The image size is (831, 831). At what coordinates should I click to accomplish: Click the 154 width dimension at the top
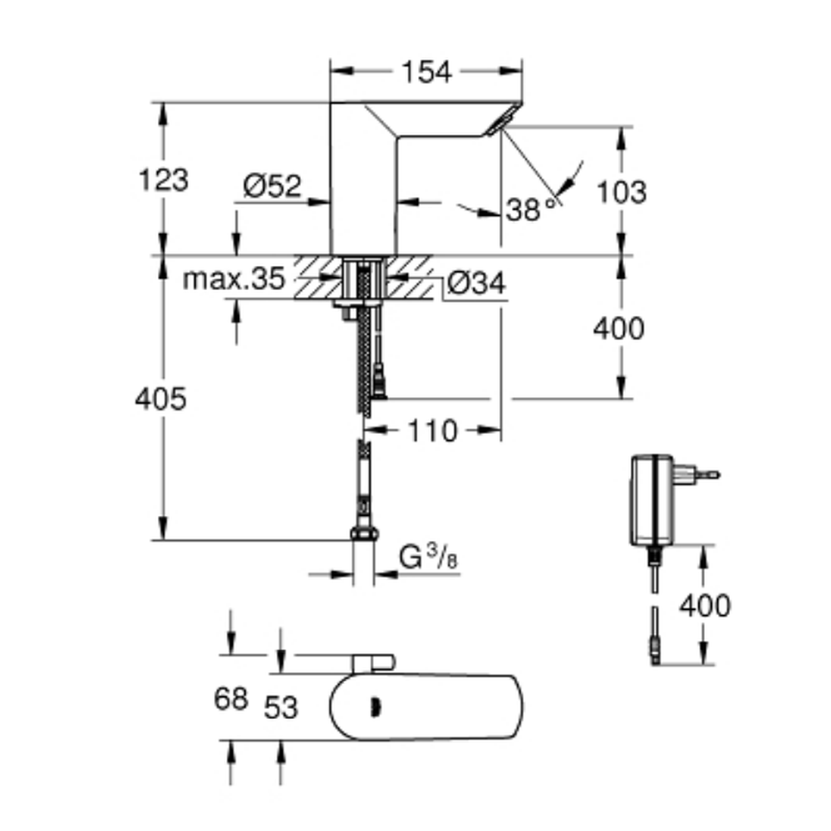[x=426, y=71]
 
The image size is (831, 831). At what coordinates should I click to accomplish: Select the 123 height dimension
[x=163, y=179]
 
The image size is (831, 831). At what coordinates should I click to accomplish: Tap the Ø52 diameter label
[x=273, y=185]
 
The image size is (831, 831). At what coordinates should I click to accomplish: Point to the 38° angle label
[x=531, y=209]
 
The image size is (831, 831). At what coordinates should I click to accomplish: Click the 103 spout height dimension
[x=622, y=192]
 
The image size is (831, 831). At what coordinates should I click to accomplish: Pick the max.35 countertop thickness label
[x=234, y=278]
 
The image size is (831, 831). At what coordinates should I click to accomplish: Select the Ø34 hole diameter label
[x=476, y=283]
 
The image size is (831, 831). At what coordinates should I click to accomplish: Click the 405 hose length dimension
[x=160, y=399]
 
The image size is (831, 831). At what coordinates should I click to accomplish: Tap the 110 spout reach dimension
[x=432, y=430]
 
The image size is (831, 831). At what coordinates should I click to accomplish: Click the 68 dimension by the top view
[x=231, y=699]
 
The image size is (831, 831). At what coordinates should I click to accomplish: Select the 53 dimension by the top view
[x=281, y=707]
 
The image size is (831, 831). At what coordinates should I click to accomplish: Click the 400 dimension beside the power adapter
[x=705, y=605]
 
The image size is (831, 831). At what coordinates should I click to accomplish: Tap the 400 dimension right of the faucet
[x=618, y=328]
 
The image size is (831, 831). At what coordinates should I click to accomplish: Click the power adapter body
[x=652, y=499]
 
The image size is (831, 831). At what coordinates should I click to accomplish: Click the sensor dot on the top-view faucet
[x=376, y=707]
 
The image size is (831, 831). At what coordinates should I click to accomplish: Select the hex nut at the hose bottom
[x=364, y=534]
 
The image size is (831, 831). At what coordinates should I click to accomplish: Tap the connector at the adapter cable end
[x=656, y=652]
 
